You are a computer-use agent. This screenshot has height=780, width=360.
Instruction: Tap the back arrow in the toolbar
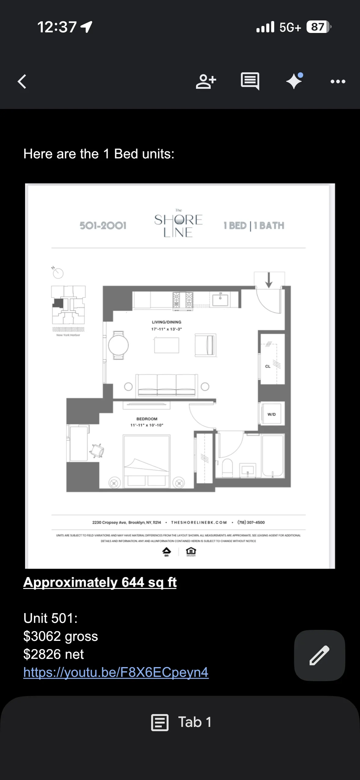[22, 81]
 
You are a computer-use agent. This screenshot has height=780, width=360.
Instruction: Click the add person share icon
[206, 81]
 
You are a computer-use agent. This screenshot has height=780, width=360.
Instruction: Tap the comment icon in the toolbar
[250, 81]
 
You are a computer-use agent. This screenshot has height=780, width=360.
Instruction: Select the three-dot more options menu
[338, 81]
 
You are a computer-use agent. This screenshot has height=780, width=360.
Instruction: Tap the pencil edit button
[319, 655]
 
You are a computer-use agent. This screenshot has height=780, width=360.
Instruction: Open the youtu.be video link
[116, 672]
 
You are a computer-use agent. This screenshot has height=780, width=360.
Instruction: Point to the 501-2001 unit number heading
[103, 226]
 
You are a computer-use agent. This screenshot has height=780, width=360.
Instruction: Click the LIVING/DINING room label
[166, 322]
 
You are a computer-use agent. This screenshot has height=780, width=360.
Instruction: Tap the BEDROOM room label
[147, 419]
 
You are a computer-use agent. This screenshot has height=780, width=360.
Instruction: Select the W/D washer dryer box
[271, 414]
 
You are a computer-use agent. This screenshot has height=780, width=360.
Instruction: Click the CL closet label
[268, 366]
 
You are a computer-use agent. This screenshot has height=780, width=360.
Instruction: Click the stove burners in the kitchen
[183, 300]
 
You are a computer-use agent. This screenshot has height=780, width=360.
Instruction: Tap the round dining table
[118, 345]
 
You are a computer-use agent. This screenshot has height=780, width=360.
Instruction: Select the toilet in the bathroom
[227, 467]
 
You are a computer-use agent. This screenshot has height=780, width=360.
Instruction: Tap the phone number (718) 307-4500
[251, 522]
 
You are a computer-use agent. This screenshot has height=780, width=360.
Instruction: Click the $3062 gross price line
[60, 636]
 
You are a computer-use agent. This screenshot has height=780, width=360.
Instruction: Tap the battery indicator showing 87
[318, 27]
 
